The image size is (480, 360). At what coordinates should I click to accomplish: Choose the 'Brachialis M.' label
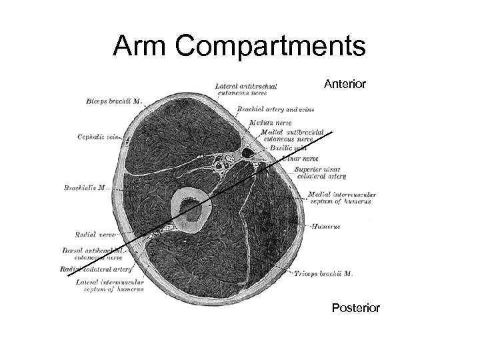tap(83, 188)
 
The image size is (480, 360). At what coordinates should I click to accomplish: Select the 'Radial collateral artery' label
tap(96, 269)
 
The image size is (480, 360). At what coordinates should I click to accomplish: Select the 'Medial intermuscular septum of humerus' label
tap(342, 198)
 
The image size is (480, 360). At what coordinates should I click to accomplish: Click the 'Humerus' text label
tap(325, 227)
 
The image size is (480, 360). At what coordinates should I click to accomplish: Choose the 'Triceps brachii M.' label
tap(324, 273)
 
